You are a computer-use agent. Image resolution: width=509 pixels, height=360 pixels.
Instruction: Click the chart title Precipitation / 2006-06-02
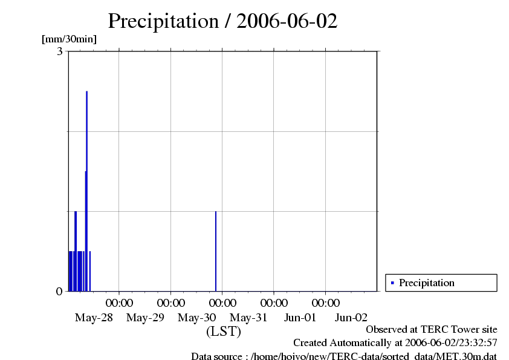click(222, 21)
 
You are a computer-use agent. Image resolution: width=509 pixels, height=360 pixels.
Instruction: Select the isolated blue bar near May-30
click(216, 251)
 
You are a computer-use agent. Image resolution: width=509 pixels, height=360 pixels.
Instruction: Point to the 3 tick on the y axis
click(60, 51)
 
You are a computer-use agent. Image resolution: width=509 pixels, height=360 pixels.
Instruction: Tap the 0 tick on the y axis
click(59, 291)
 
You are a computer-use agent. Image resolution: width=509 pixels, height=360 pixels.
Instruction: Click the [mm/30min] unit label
click(69, 39)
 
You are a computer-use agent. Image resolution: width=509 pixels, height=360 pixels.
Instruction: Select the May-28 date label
click(94, 317)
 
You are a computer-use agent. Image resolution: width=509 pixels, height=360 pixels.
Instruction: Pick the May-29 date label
click(146, 317)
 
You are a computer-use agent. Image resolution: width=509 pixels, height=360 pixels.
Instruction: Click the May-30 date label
click(197, 317)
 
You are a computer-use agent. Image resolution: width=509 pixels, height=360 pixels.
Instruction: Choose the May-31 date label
click(249, 317)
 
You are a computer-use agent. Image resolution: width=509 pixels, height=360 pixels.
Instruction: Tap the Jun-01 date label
click(300, 317)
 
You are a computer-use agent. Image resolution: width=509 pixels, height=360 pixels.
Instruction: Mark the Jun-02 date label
click(352, 317)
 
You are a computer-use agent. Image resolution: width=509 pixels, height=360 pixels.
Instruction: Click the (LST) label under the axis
click(223, 332)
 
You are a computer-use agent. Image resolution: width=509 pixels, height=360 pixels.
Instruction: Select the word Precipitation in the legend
click(427, 283)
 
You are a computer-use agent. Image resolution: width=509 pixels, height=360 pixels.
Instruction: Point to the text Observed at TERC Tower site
click(432, 329)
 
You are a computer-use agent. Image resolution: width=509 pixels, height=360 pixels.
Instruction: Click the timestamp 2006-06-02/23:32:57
click(451, 343)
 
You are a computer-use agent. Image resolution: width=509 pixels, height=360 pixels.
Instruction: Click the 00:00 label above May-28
click(119, 302)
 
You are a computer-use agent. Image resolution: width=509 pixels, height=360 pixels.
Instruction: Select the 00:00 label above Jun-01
click(274, 302)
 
